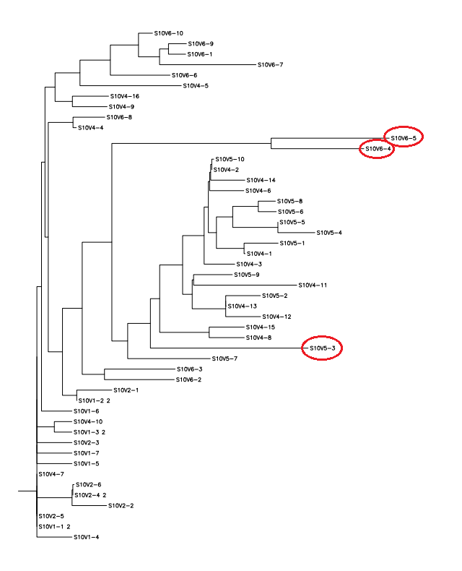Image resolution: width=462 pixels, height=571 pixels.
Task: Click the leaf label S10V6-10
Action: (x=169, y=33)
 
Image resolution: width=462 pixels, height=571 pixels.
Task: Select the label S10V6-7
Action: (x=271, y=65)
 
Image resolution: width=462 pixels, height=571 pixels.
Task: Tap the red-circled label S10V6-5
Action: (x=403, y=137)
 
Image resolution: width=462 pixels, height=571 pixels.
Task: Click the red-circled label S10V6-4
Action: (x=378, y=149)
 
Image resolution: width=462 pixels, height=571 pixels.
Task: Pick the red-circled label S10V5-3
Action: (x=322, y=348)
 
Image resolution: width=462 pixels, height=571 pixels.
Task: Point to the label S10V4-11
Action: (x=313, y=285)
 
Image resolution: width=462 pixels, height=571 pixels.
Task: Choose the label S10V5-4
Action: (x=329, y=233)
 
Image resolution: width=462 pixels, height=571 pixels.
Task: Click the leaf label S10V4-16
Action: (x=125, y=96)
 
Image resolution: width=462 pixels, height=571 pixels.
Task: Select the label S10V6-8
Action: (x=119, y=117)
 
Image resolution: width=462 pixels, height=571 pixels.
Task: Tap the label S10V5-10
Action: (x=230, y=159)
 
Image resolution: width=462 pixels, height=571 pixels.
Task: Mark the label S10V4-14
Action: (x=261, y=180)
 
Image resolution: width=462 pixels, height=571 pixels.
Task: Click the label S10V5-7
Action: (x=225, y=359)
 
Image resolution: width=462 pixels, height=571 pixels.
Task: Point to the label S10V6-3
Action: (x=189, y=369)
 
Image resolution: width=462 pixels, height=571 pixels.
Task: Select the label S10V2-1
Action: (x=126, y=390)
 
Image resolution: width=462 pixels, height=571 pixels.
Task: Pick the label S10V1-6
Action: (x=86, y=411)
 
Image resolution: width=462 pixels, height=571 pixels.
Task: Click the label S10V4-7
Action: (x=51, y=474)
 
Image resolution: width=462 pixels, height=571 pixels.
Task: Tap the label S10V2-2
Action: (x=121, y=505)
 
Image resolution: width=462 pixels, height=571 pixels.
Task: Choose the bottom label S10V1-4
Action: (x=86, y=537)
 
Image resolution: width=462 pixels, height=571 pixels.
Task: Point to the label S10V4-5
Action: (x=196, y=86)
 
